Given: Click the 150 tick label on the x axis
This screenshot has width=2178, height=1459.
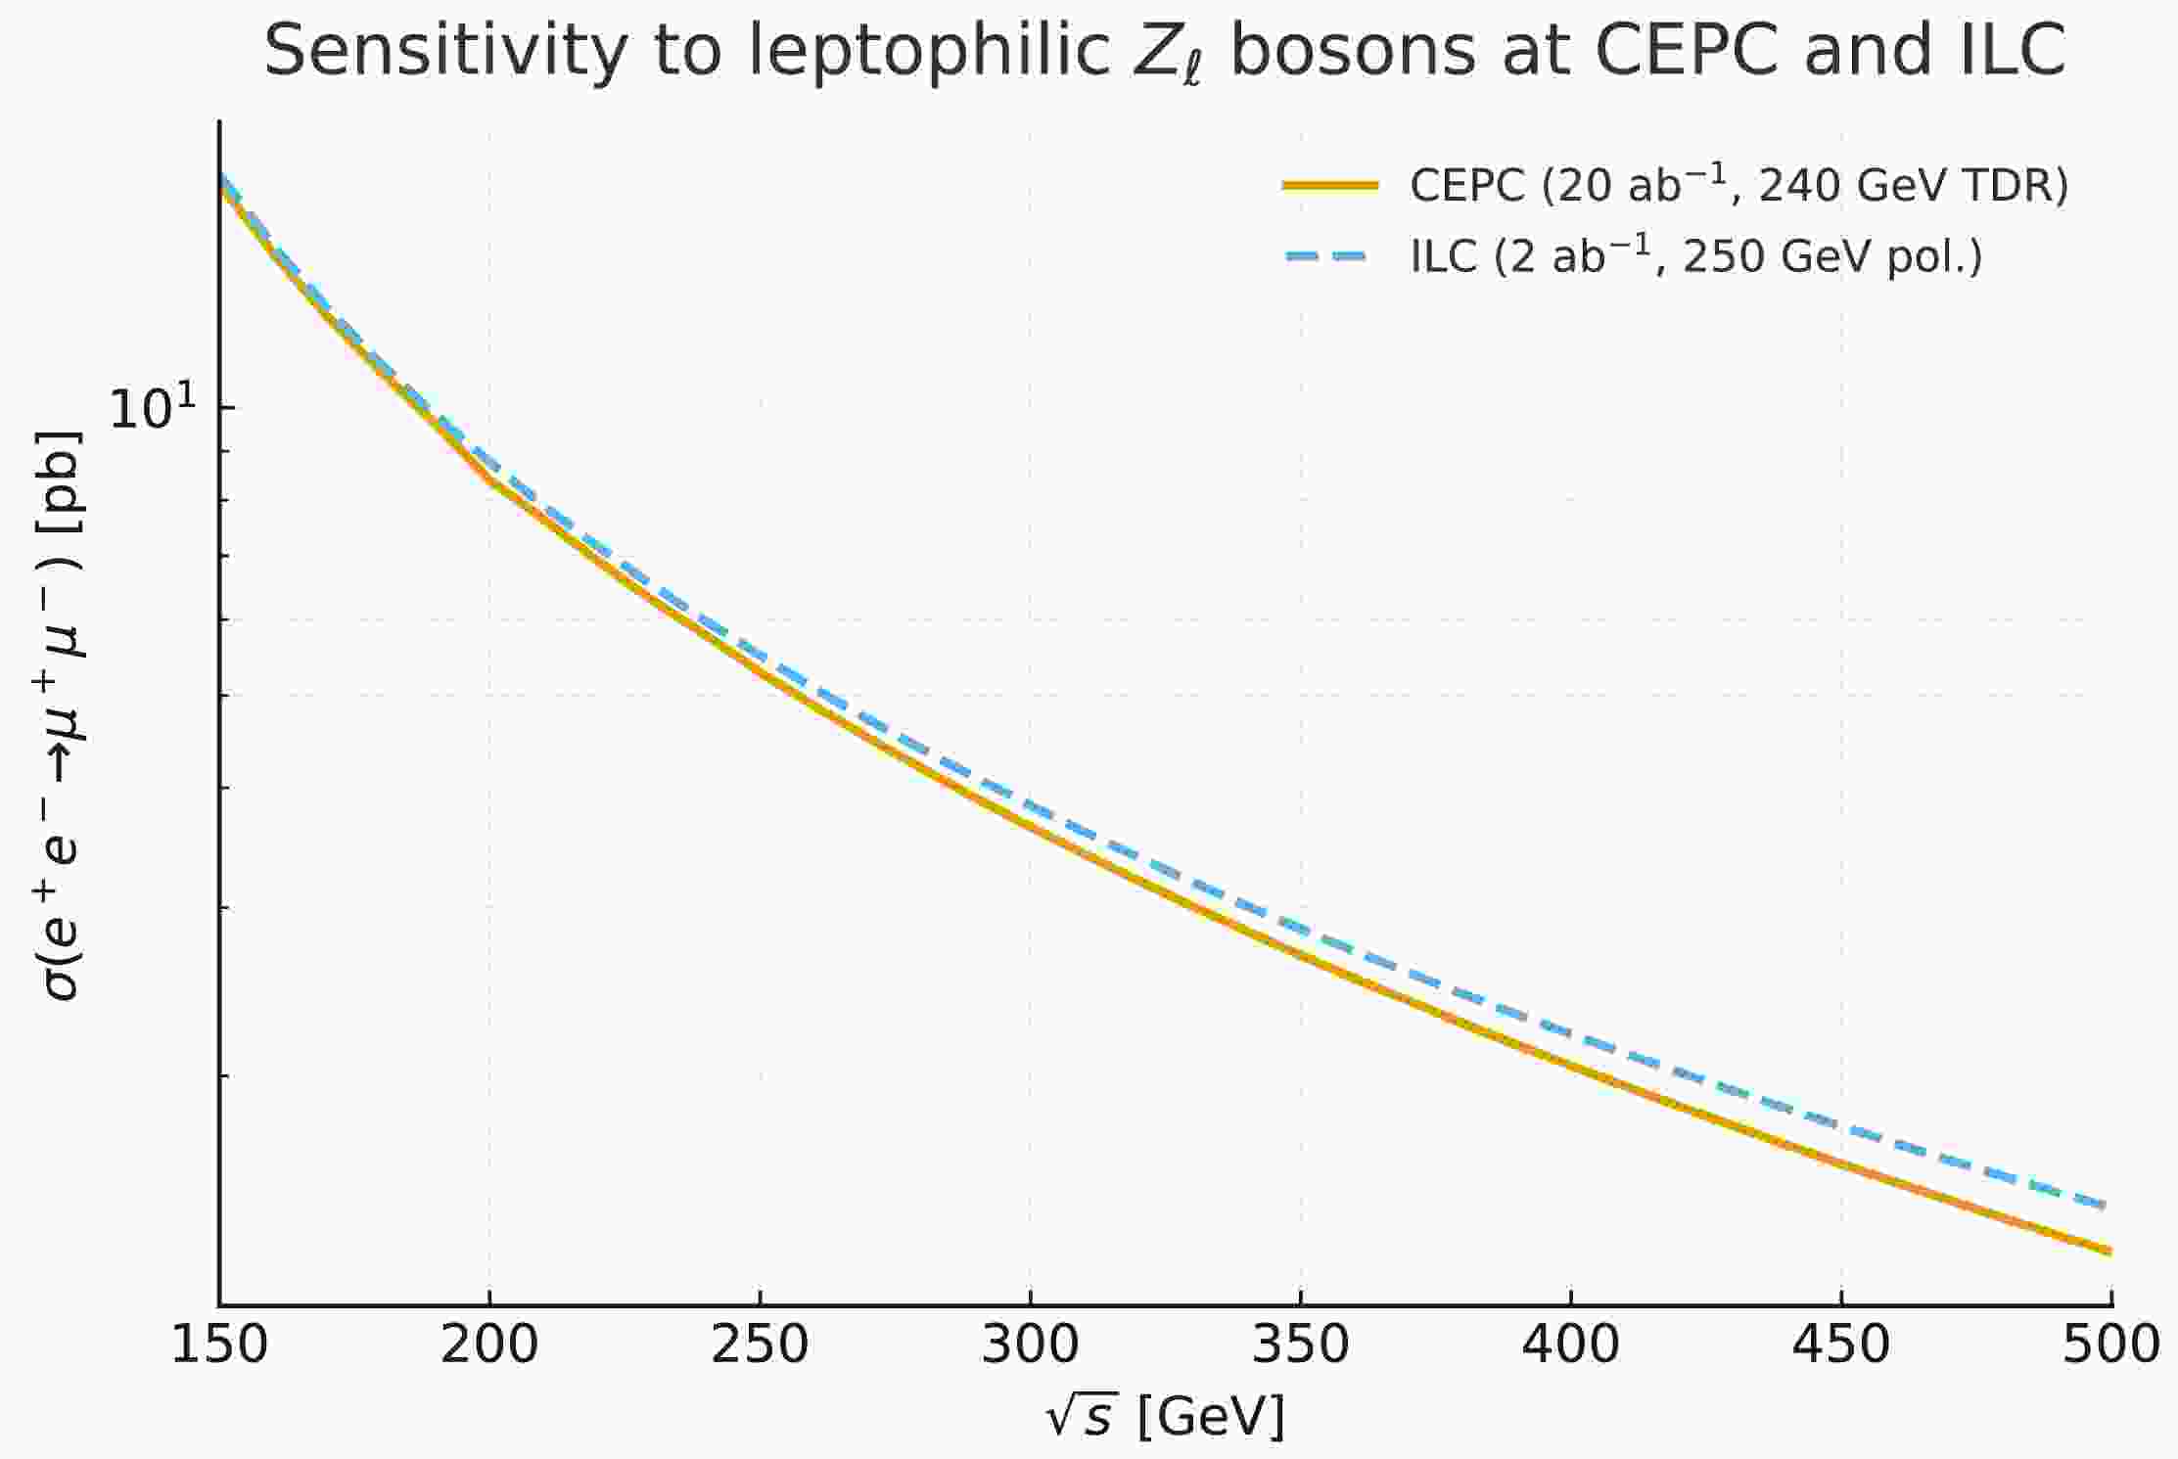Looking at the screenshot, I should click(219, 1345).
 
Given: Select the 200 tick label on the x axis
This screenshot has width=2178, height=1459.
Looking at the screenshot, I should click(489, 1345).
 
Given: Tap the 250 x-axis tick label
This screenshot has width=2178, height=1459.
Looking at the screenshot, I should click(760, 1345).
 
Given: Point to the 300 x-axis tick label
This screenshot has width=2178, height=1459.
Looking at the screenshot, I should click(1030, 1345).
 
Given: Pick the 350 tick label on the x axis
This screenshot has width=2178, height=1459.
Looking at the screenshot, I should click(1301, 1345).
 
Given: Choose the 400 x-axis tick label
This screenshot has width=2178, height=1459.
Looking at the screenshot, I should click(1570, 1345).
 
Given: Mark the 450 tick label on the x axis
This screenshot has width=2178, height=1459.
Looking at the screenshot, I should click(1841, 1345).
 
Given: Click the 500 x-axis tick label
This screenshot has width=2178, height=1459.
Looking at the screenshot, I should click(2110, 1345).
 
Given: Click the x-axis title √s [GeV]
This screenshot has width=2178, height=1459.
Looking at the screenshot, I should click(1165, 1416).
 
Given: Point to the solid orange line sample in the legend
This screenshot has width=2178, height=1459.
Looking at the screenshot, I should click(1331, 185).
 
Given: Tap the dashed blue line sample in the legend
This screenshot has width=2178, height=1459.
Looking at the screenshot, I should click(1331, 256).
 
